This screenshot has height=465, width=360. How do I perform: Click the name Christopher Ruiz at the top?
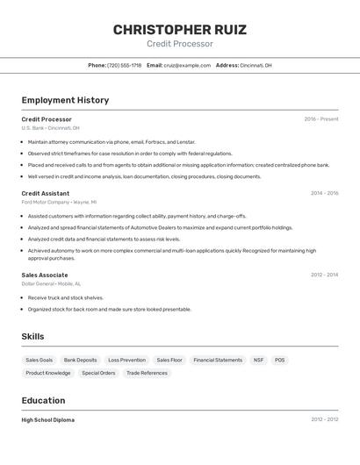(179, 30)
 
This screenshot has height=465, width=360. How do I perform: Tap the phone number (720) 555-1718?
(124, 65)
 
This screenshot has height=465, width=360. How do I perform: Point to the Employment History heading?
(65, 100)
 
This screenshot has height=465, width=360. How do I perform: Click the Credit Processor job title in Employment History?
(47, 119)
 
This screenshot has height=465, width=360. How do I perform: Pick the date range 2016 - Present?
(320, 119)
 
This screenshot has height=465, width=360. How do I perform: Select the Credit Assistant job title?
(46, 193)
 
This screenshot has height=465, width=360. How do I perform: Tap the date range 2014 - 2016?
(324, 193)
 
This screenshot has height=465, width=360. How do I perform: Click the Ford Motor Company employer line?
(59, 202)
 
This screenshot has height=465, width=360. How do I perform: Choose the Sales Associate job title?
(45, 275)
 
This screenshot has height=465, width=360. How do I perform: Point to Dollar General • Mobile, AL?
(51, 283)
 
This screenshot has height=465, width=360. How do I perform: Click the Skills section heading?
(32, 336)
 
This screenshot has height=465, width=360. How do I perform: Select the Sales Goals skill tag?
(40, 360)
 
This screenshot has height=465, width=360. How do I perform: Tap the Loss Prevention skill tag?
(126, 360)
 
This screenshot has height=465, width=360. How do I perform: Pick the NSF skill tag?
(258, 360)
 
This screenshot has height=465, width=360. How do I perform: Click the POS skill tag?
(279, 360)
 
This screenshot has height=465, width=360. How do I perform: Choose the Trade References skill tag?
(147, 373)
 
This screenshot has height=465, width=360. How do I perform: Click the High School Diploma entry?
(47, 420)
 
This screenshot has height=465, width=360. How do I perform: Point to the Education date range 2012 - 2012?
(324, 420)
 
